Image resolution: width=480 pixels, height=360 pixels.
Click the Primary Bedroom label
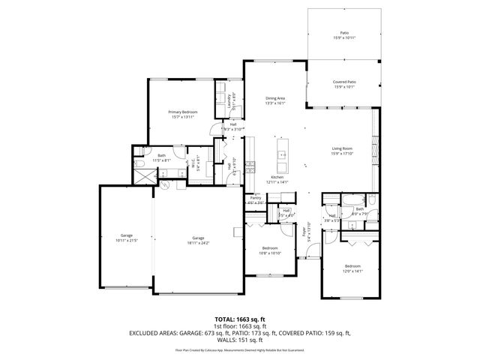click(183, 112)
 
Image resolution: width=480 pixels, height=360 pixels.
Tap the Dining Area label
click(275, 98)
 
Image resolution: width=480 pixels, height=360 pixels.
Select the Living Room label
click(343, 148)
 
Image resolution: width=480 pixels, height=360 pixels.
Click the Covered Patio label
click(344, 82)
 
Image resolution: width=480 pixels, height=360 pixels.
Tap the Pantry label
click(255, 198)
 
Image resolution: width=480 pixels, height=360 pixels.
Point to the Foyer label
click(304, 232)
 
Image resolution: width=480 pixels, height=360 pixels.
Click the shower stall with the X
click(142, 176)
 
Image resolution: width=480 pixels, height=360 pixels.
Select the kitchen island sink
click(282, 156)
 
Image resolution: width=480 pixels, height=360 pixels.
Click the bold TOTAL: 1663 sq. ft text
click(240, 319)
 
